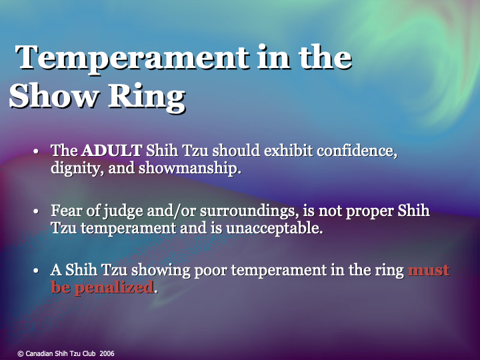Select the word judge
coord(120,212)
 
